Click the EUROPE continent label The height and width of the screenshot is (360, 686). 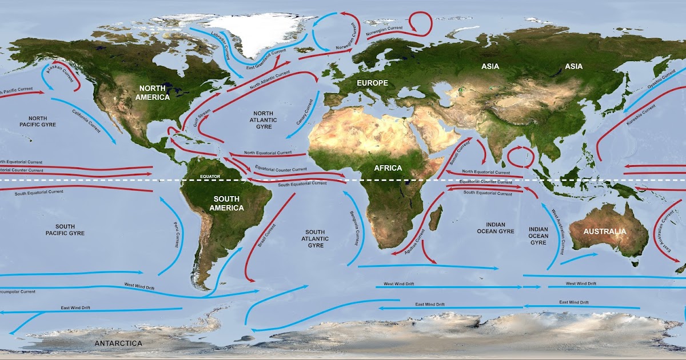tap(373, 83)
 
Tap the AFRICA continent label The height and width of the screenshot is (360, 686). tap(389, 168)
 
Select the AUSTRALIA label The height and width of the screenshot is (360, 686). tap(605, 231)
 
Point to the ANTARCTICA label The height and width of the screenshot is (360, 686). tap(118, 343)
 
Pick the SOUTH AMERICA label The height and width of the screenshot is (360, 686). tap(227, 203)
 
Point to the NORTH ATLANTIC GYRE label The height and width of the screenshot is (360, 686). tap(264, 121)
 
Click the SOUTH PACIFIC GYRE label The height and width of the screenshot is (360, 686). tap(65, 230)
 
